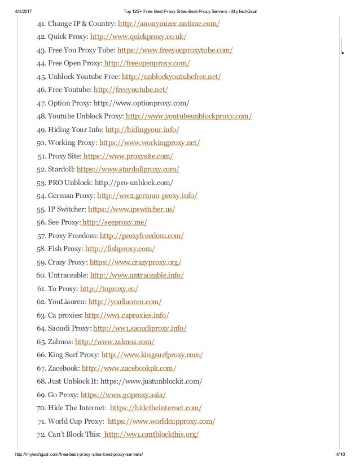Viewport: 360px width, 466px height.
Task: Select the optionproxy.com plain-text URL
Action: [x=141, y=103]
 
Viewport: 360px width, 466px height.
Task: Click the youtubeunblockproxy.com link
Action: [x=188, y=116]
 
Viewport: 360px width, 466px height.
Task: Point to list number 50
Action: [x=41, y=143]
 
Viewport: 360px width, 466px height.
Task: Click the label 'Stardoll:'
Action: [x=60, y=169]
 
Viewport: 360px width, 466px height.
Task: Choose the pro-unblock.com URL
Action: [x=134, y=182]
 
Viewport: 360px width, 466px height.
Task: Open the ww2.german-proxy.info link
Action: [x=147, y=196]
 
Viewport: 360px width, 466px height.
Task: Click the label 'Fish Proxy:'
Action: [x=64, y=248]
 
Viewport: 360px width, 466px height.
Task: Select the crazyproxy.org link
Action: [x=135, y=262]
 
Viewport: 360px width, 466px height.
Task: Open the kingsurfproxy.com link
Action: [x=152, y=354]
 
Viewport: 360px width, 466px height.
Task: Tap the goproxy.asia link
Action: [x=123, y=394]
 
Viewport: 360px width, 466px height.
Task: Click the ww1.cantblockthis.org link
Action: [x=152, y=434]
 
